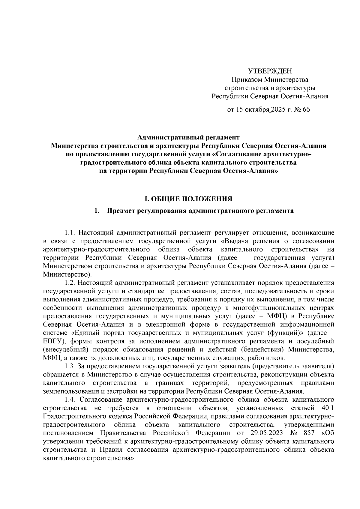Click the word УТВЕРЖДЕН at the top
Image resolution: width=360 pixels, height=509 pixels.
coord(270,71)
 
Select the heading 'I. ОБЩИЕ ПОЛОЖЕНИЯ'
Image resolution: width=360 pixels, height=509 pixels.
coord(188,199)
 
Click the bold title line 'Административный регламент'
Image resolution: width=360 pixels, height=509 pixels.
coord(188,138)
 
